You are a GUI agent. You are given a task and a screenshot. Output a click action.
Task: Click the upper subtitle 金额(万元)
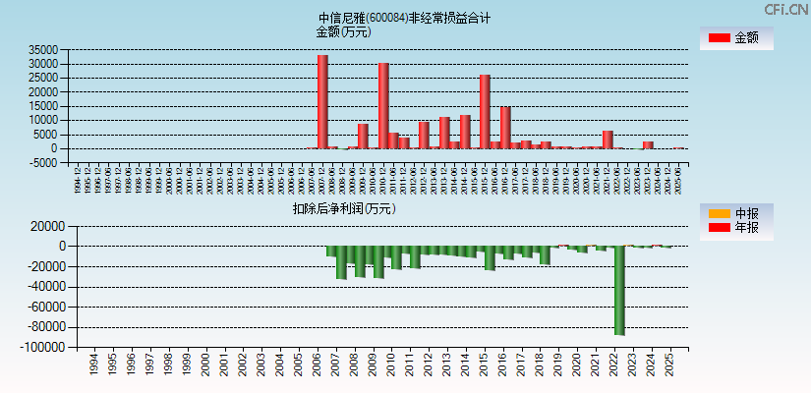343,31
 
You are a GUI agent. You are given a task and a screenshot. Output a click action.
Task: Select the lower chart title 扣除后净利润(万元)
343,208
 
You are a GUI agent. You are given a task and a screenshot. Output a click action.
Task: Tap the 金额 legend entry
735,38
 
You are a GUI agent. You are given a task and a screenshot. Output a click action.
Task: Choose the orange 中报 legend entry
735,213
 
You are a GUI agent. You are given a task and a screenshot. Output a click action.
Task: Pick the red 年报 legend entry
735,228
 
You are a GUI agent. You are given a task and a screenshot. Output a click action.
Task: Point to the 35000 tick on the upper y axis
43,50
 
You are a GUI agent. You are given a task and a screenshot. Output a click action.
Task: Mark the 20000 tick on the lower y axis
47,226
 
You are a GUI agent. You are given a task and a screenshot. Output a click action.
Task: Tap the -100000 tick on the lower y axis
40,348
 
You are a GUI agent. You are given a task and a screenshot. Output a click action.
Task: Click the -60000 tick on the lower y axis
43,308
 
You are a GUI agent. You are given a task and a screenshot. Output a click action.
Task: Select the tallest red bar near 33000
322,101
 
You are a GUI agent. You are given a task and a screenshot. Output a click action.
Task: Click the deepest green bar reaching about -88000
619,290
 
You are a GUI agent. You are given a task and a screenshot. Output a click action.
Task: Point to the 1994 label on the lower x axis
93,365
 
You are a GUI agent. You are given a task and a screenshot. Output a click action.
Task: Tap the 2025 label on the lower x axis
670,365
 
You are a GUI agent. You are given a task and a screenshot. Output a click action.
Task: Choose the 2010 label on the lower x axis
391,365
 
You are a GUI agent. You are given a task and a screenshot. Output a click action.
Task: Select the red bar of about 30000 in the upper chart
383,105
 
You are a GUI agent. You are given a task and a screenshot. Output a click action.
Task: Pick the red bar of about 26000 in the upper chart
485,111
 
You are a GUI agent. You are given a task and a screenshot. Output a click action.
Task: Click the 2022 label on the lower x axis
614,365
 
